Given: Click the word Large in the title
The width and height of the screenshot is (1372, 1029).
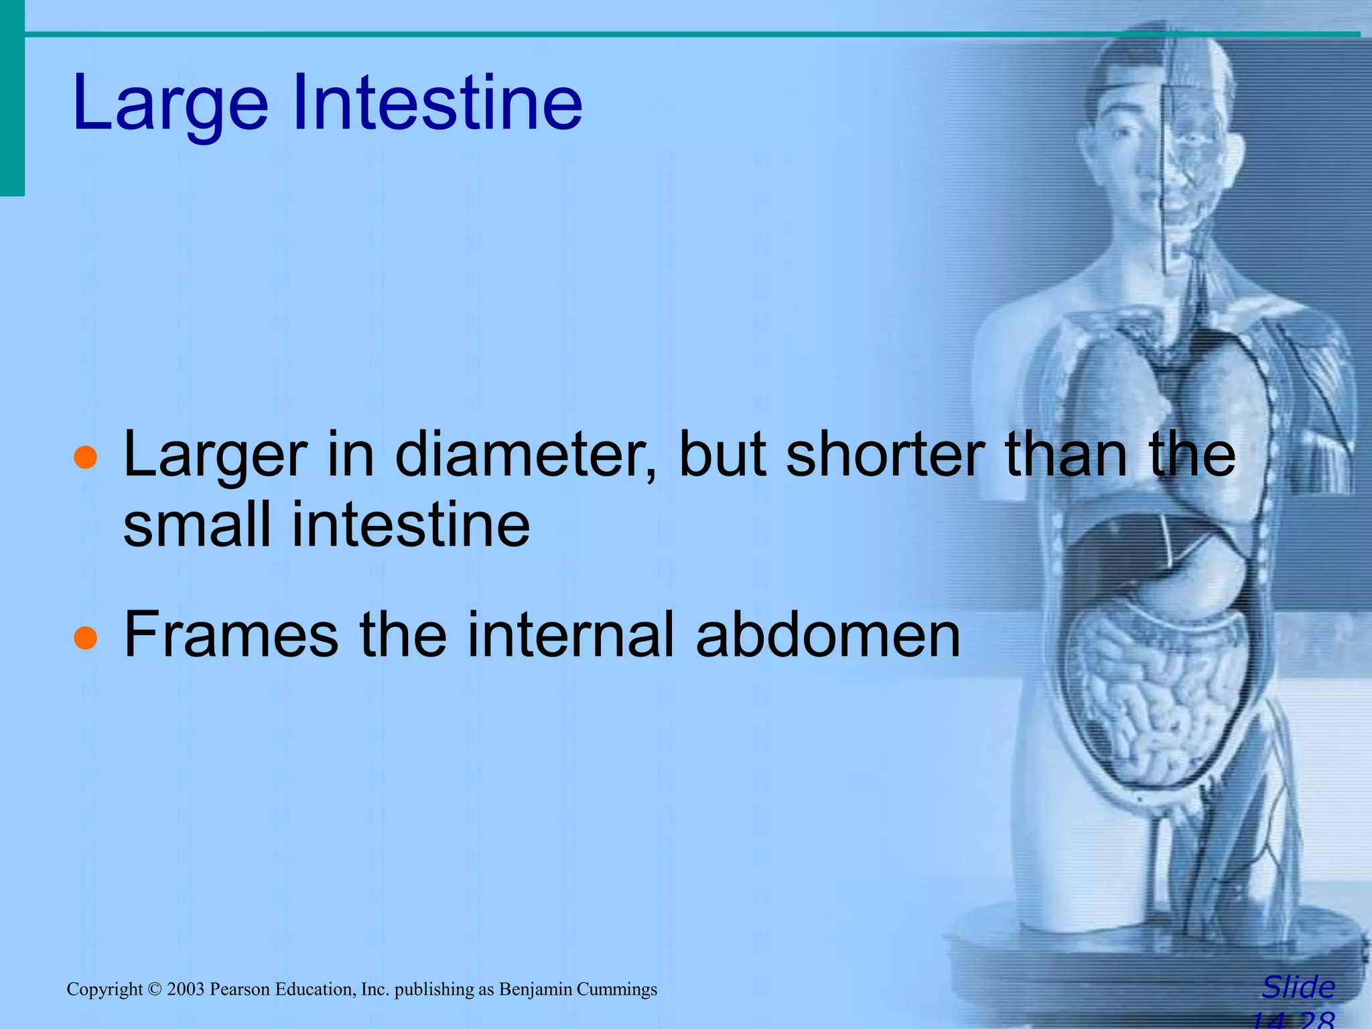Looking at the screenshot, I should click(x=170, y=104).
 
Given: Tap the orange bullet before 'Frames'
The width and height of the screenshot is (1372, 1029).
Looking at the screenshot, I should click(x=86, y=638).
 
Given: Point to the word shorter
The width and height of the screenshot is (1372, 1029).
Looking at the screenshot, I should click(x=885, y=456).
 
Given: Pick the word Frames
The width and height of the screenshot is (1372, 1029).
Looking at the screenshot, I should click(x=231, y=634).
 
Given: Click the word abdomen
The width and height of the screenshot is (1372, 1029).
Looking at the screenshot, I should click(x=828, y=634).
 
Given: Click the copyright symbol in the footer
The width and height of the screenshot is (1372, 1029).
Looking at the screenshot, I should click(x=155, y=989).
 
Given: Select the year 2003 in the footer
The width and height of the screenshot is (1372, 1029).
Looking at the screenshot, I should click(x=186, y=989).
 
